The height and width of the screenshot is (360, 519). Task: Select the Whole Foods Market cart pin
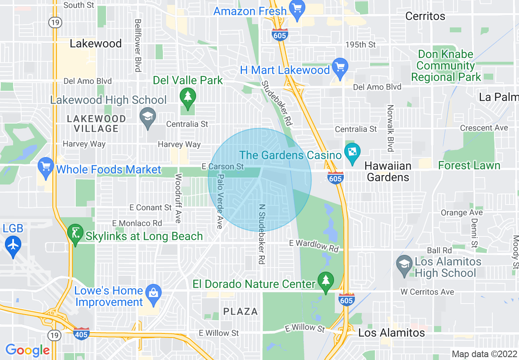pyautogui.click(x=45, y=167)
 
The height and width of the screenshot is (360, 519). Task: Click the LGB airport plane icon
pyautogui.click(x=13, y=245)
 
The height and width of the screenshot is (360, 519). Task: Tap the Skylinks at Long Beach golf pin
pyautogui.click(x=75, y=234)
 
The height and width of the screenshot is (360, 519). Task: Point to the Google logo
pyautogui.click(x=27, y=350)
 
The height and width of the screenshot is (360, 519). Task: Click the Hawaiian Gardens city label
pyautogui.click(x=388, y=171)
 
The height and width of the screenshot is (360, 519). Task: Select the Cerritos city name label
pyautogui.click(x=425, y=16)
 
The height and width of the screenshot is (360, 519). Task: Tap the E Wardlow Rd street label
pyautogui.click(x=314, y=245)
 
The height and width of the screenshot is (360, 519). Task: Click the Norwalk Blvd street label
pyautogui.click(x=390, y=128)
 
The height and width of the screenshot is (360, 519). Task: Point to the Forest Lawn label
pyautogui.click(x=469, y=165)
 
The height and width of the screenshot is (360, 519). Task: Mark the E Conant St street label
pyautogui.click(x=151, y=207)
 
